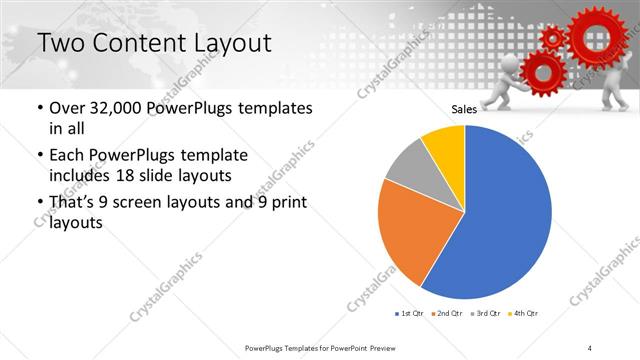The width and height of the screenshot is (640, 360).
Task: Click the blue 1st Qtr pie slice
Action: [x=505, y=215]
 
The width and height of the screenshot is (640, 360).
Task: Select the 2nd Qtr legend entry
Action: [x=445, y=314]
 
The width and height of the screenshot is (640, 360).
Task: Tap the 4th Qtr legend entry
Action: [x=523, y=314]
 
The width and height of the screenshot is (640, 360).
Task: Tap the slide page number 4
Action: [x=590, y=347]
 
